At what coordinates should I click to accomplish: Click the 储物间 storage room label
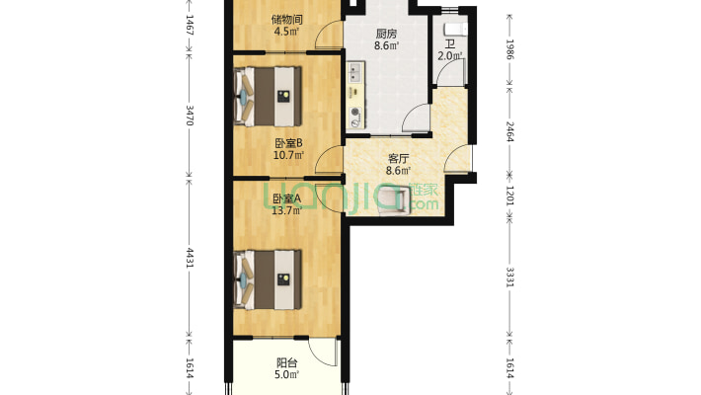pos(286,20)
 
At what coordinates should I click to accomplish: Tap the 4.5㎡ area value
pos(286,32)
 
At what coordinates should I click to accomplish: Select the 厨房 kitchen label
pos(386,34)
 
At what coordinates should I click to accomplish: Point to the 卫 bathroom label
pos(450,44)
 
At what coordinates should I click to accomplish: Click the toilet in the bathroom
pos(455,30)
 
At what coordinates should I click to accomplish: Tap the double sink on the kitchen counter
pos(355,72)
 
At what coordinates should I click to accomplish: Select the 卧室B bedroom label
pos(288,143)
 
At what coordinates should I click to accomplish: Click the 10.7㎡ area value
pos(288,155)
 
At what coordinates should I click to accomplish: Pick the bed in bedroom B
pos(268,96)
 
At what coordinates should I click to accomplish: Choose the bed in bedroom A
pos(268,279)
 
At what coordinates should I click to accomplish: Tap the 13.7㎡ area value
pos(287,210)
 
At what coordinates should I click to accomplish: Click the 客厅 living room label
pos(398,158)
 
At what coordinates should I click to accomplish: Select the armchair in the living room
pos(395,199)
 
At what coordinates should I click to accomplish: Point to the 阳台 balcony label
pos(287,362)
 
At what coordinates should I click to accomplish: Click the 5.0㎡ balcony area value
pos(287,374)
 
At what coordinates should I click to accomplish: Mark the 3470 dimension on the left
pos(190,116)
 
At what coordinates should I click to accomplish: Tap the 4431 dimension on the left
pos(190,259)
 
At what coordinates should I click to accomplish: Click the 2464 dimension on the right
pos(509,131)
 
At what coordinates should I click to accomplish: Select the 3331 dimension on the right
pos(509,276)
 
